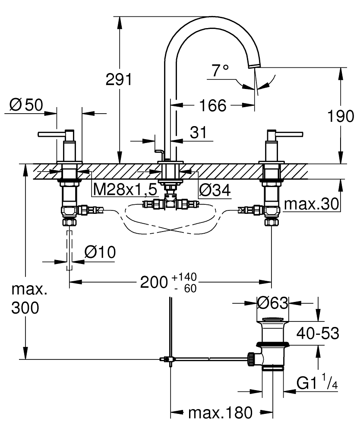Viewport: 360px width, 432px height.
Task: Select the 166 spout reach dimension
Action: [x=213, y=105]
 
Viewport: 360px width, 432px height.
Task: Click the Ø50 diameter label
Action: [x=26, y=105]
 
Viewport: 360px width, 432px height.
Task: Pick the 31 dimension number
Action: [x=199, y=133]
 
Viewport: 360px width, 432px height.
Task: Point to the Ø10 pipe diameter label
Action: [x=100, y=252]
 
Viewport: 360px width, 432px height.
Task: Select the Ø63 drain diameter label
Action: [x=272, y=303]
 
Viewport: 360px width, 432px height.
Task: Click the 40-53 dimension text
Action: [x=318, y=334]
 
